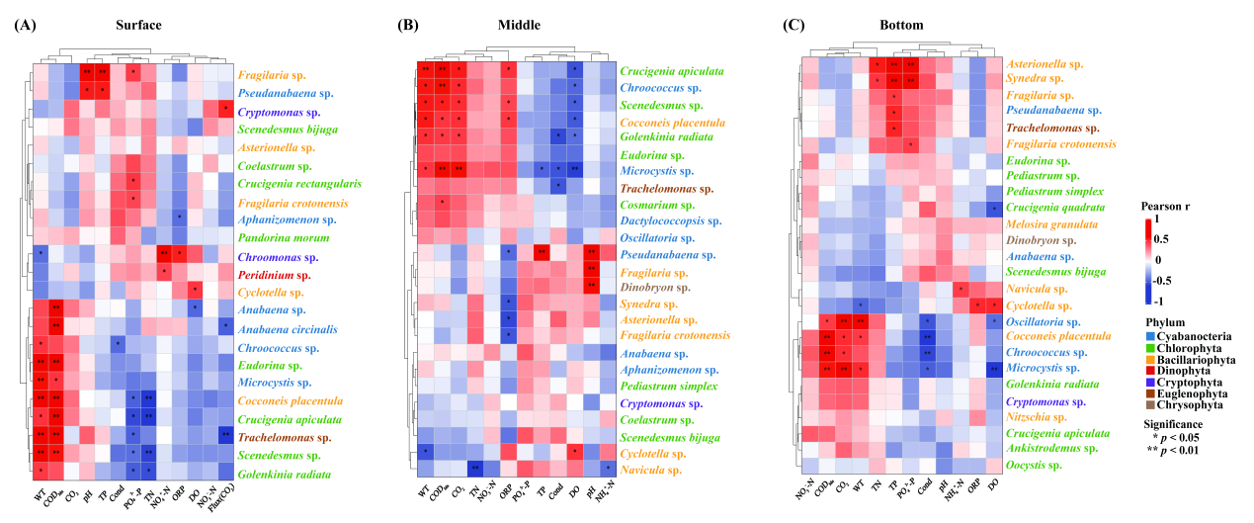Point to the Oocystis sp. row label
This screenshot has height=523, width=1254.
pos(1034,464)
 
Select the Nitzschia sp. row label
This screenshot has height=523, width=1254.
pos(1034,412)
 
